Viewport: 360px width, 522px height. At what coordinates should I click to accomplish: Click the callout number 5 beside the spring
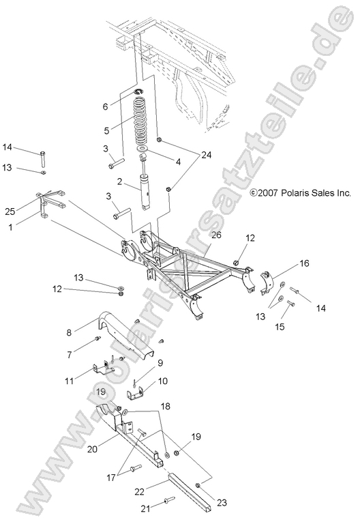click(x=105, y=130)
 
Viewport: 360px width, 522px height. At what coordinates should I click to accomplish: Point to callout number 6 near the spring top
click(x=105, y=106)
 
